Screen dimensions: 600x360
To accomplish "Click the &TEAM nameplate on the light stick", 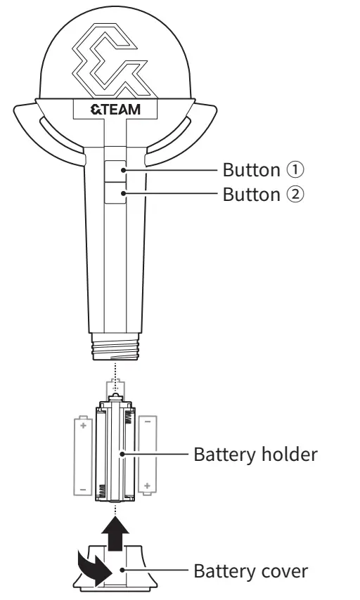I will click(115, 110).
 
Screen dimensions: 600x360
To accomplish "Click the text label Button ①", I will click(264, 170).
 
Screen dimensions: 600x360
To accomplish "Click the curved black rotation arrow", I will click(89, 564).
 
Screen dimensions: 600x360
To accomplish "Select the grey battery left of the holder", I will click(83, 455).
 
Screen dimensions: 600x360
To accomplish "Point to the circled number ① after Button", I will click(297, 170).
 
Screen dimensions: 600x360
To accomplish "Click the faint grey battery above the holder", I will click(115, 391).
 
